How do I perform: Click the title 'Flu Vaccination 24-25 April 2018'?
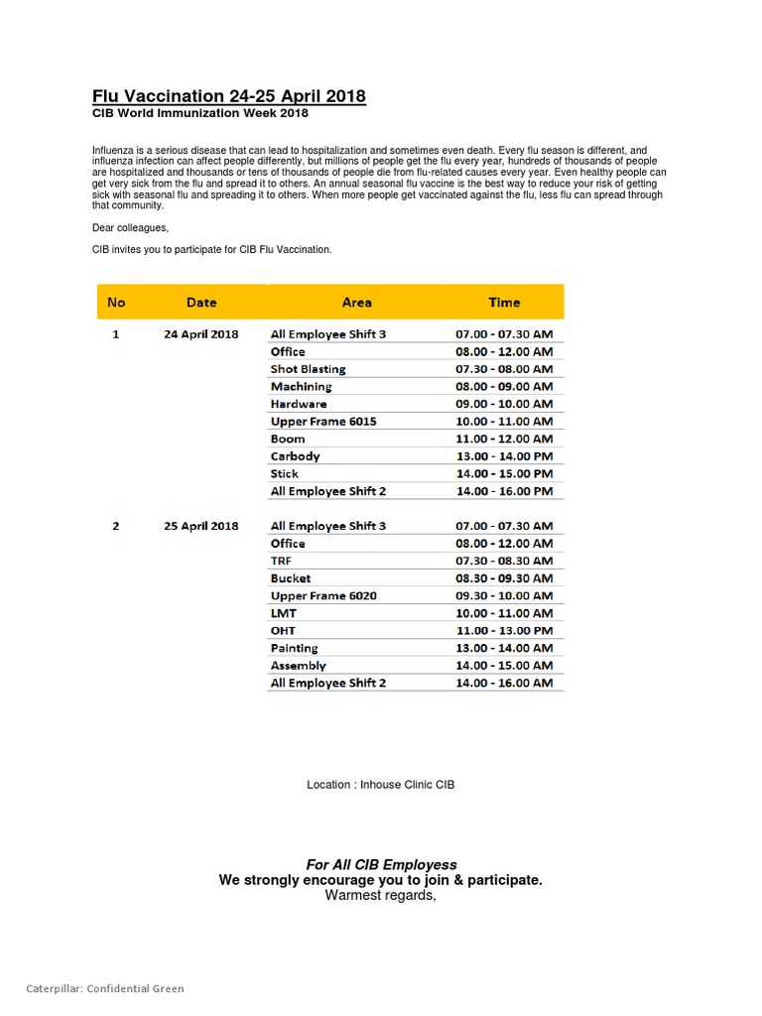229,96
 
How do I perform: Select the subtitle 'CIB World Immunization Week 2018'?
200,114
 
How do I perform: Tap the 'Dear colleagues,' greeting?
130,228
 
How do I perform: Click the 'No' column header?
116,303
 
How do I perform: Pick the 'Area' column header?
356,303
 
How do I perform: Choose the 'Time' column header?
504,303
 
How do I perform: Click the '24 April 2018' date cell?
201,334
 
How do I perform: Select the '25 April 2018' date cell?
201,526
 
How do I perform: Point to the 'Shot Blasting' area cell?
309,369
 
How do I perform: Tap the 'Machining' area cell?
302,387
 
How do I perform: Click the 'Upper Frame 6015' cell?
323,422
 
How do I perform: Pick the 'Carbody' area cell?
296,456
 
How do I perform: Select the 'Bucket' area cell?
291,578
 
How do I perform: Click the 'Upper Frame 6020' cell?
323,596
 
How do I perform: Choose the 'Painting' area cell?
295,648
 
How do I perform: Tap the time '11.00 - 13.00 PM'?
504,631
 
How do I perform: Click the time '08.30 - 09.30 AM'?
504,578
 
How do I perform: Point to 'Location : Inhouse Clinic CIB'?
381,785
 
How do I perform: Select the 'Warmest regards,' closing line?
381,896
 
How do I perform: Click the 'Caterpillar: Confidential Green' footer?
105,988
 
